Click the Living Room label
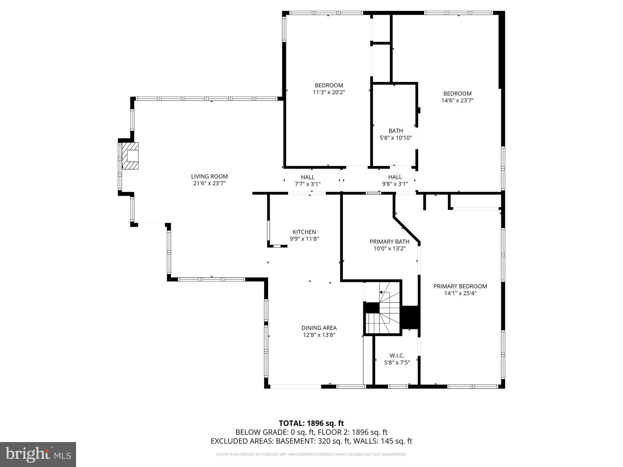[209, 176]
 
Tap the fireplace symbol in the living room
[130, 156]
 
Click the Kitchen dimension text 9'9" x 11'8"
[304, 239]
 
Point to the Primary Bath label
[389, 242]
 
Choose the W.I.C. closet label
[397, 355]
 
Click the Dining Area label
[319, 328]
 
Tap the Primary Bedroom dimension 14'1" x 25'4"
[460, 293]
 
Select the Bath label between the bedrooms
[395, 131]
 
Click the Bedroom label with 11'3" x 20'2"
[329, 85]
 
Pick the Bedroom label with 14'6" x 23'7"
[457, 94]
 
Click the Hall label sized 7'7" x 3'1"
[308, 177]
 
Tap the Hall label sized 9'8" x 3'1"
[395, 177]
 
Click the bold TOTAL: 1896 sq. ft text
[311, 423]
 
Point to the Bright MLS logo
[38, 454]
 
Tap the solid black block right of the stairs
[411, 317]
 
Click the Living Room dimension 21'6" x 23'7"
[209, 183]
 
